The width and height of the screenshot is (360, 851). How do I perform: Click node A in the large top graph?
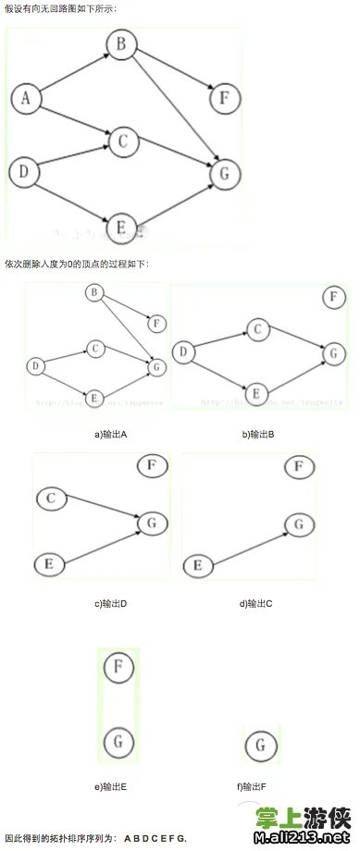click(26, 98)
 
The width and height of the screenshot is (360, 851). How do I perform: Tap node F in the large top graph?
click(225, 96)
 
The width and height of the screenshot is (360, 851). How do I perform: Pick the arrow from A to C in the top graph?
click(74, 119)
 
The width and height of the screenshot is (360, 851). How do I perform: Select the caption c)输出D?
click(110, 604)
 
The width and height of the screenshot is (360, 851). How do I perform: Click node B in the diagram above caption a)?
click(93, 293)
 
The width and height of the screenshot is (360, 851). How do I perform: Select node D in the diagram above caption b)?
click(184, 351)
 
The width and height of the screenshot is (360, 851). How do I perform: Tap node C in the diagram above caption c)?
click(52, 499)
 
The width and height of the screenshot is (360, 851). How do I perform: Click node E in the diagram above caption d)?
click(196, 564)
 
